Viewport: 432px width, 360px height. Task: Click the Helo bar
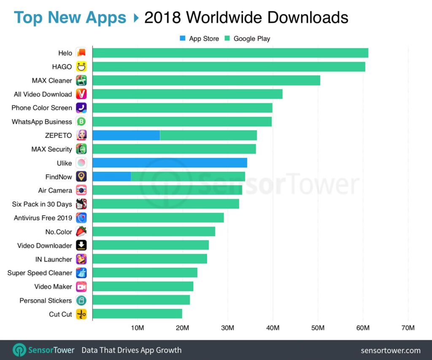coord(230,53)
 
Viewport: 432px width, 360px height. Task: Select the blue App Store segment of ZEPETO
coord(126,135)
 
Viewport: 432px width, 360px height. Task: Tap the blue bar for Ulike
coord(170,163)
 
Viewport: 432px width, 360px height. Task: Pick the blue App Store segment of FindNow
coord(111,176)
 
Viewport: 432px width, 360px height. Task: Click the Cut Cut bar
coord(137,314)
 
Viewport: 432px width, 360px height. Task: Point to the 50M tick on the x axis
coord(318,328)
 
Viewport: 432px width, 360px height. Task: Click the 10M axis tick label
coord(138,328)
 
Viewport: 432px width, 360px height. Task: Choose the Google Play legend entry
coord(247,38)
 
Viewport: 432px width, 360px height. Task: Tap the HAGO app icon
coord(81,67)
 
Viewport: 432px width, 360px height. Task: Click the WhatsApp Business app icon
coord(81,122)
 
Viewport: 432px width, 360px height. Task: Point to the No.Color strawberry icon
coord(81,232)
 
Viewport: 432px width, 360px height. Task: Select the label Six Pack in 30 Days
coord(42,204)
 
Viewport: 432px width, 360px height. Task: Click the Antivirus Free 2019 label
coord(43,218)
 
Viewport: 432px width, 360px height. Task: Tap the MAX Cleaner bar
coord(206,80)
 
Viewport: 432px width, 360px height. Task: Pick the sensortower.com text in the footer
coord(391,350)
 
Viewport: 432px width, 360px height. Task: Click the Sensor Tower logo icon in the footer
coord(19,350)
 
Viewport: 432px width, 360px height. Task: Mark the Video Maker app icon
coord(81,287)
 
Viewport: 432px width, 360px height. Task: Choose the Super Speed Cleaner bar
coord(145,273)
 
